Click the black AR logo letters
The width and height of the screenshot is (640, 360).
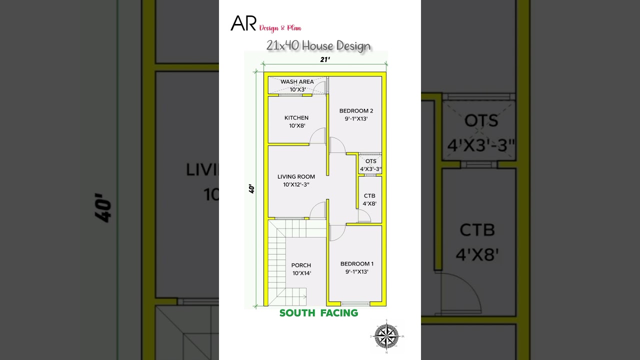[243, 23]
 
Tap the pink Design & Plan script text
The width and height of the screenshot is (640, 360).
[280, 28]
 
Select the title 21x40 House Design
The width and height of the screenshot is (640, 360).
[318, 46]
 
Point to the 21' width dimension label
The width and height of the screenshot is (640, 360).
[325, 59]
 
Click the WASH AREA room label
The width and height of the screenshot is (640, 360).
[297, 81]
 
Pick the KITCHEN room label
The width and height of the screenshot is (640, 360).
[296, 118]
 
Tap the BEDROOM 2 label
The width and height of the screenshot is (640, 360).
[356, 111]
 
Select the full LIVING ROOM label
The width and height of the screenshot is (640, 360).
[296, 176]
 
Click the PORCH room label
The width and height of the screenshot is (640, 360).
[301, 265]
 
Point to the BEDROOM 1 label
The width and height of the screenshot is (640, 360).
[357, 264]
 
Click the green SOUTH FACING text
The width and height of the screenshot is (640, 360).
[318, 313]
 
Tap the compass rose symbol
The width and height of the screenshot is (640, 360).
[386, 335]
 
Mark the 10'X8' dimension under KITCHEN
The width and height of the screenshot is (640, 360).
[297, 126]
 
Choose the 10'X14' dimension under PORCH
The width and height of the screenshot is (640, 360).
[301, 273]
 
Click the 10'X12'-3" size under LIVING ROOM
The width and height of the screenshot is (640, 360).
[296, 184]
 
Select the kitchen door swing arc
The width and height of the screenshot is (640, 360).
[317, 136]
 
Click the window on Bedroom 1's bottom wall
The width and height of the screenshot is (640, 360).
[355, 303]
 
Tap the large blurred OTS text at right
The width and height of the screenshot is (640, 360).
[481, 121]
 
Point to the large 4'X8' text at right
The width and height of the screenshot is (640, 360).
[477, 255]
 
